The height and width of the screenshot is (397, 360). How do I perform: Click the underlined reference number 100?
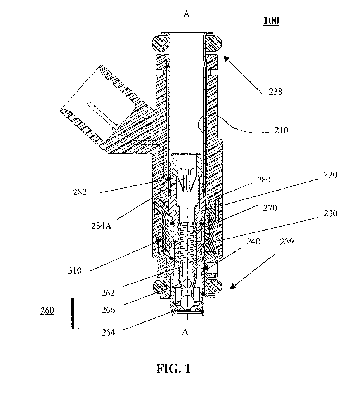coord(271,21)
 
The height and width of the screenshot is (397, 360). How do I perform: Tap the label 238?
coord(275,92)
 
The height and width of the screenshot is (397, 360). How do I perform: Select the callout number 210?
coord(281,130)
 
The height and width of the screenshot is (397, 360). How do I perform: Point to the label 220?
coord(331,175)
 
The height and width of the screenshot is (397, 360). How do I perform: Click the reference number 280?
coord(264,180)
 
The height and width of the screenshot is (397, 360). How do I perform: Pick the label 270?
coord(270,208)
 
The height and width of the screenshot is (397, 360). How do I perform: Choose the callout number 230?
coord(331,213)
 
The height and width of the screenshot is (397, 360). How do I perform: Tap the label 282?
coord(80,192)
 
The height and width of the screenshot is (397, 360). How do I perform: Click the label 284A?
coord(101,225)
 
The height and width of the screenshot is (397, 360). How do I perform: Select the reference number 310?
coord(75,271)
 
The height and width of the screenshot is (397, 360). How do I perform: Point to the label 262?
coord(108,293)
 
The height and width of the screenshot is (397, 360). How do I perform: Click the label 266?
coord(108,310)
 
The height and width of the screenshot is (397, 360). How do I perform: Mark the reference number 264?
coord(108,333)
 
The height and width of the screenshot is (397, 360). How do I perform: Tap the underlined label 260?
coord(47,310)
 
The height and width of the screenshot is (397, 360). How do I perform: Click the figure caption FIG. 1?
coord(173,368)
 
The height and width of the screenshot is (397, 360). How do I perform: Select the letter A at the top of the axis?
coord(186,14)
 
